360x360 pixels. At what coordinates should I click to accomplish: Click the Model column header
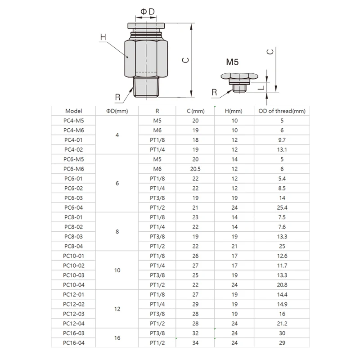coord(74,111)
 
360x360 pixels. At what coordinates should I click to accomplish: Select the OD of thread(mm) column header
coord(282,111)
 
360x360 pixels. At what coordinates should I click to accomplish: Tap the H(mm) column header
coord(234,111)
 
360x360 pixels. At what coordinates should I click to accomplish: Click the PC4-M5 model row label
coord(74,121)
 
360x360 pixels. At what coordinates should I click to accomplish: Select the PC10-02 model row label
coord(74,265)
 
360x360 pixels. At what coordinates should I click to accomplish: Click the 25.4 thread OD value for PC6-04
coord(282,207)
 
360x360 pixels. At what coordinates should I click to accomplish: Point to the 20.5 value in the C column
coord(195,169)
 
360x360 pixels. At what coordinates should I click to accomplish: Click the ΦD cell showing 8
coord(117,231)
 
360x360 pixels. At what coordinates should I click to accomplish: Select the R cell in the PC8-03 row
coord(157,236)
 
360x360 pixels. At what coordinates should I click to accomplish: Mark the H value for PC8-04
coord(234,246)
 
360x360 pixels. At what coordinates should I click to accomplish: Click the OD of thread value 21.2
coord(282,323)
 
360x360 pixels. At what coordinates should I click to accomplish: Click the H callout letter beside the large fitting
coord(103,38)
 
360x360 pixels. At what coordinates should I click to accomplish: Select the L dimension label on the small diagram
coord(260,88)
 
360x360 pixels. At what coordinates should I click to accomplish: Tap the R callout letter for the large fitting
coord(117,97)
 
